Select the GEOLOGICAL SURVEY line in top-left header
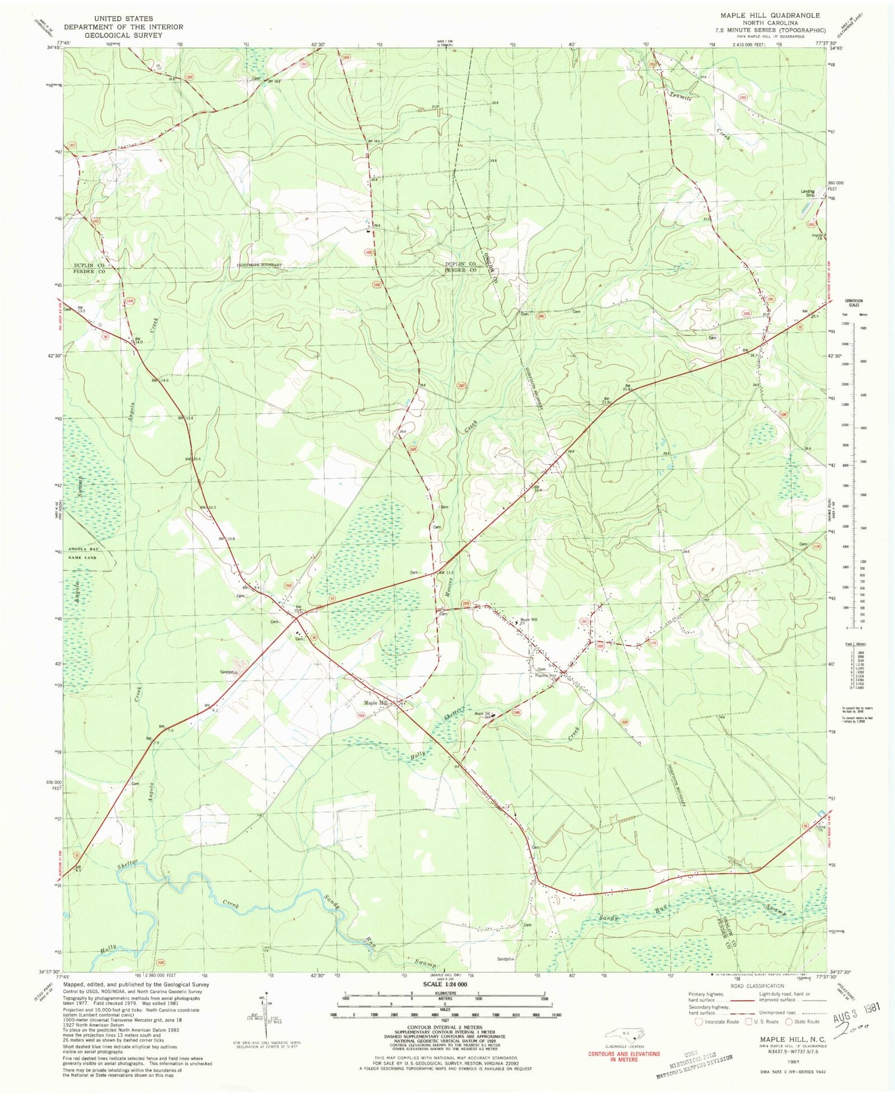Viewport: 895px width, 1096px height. click(x=124, y=35)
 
